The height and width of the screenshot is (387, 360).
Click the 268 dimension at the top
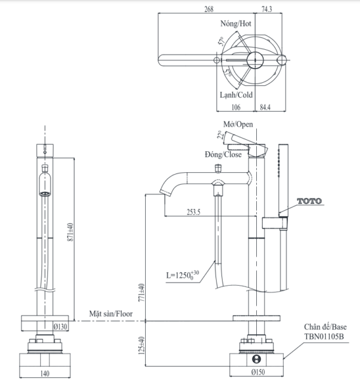[209, 9]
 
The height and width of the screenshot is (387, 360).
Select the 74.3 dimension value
[267, 9]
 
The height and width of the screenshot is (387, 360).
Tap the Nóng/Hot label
[236, 23]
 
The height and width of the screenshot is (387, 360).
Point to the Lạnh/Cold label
[236, 95]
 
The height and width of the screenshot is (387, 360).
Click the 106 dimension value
[236, 107]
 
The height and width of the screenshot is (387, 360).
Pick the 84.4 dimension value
[265, 107]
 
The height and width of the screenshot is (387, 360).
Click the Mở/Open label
[238, 124]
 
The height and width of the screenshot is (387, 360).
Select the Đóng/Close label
[223, 155]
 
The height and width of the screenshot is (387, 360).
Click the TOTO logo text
[310, 201]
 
